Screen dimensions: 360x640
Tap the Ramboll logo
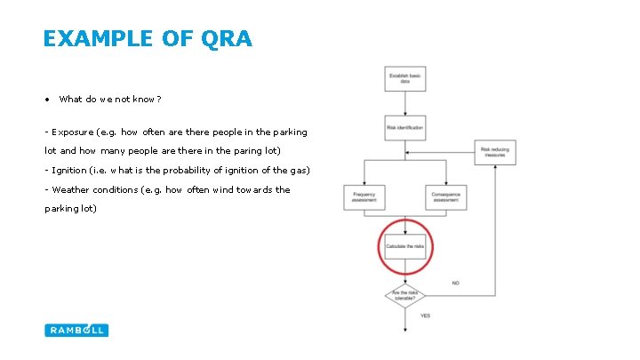coord(76,330)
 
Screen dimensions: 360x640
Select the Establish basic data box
coord(405,78)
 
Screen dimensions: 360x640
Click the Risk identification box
coord(405,128)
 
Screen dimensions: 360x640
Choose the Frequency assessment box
coord(364,197)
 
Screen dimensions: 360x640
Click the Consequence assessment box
coord(446,197)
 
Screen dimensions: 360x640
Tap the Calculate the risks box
coord(405,246)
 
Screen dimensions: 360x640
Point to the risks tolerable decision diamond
coord(405,294)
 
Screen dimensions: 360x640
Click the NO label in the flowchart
coord(455,284)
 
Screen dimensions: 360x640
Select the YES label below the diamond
coord(425,316)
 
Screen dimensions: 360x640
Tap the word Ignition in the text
coord(69,170)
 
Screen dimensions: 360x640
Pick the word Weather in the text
coord(72,189)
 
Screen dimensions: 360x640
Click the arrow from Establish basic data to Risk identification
coord(405,103)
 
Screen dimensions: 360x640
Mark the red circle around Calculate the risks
coord(380,246)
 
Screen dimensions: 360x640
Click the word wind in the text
coord(220,189)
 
